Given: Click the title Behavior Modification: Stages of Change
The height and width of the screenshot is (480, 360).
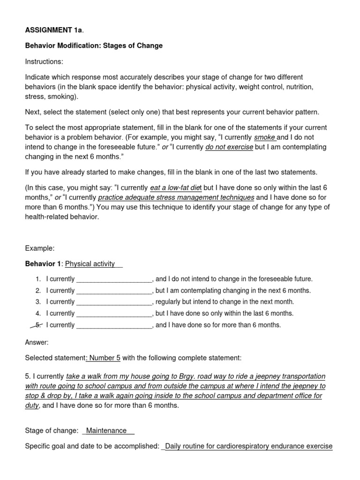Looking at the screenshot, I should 94,45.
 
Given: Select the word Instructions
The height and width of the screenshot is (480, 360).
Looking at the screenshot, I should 44,61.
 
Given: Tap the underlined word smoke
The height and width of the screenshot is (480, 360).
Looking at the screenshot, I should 265,137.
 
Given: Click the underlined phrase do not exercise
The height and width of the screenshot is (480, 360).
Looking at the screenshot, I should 229,147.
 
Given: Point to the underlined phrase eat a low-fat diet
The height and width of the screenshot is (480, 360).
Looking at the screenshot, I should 176,188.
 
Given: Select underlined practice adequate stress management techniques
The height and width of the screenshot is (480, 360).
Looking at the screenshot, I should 176,197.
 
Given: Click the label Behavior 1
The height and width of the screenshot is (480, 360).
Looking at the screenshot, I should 43,264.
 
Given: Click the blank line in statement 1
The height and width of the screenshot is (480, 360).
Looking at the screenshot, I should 114,279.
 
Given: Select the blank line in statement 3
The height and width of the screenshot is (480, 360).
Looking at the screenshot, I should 114,302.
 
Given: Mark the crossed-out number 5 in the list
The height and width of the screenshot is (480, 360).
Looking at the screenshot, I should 38,324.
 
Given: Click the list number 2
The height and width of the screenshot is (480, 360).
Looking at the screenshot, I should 38,291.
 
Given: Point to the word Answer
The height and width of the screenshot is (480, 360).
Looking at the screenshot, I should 37,342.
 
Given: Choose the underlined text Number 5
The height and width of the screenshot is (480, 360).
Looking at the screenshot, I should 104,358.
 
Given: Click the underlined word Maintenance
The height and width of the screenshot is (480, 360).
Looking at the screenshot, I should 106,430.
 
